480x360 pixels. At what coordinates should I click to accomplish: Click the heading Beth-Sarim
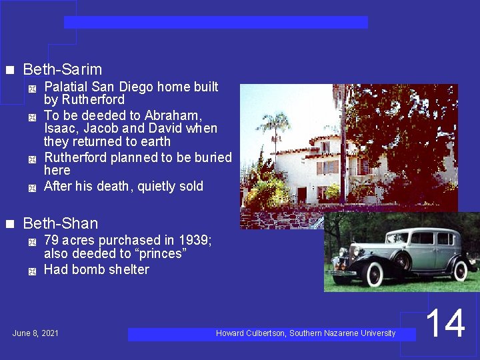[x=62, y=69]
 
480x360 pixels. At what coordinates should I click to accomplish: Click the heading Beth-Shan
[x=60, y=223]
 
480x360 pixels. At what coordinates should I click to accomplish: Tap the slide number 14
[x=445, y=324]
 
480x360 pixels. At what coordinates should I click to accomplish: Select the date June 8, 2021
[x=35, y=333]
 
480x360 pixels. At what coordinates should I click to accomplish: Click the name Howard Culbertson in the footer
[x=250, y=333]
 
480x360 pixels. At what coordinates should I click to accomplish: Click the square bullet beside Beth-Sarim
[x=9, y=70]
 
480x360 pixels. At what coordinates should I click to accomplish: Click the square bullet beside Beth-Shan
[x=9, y=224]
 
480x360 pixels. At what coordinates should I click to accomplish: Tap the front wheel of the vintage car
[x=374, y=273]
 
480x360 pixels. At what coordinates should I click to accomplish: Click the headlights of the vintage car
[x=348, y=255]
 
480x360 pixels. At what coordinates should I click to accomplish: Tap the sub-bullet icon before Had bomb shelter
[x=31, y=271]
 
